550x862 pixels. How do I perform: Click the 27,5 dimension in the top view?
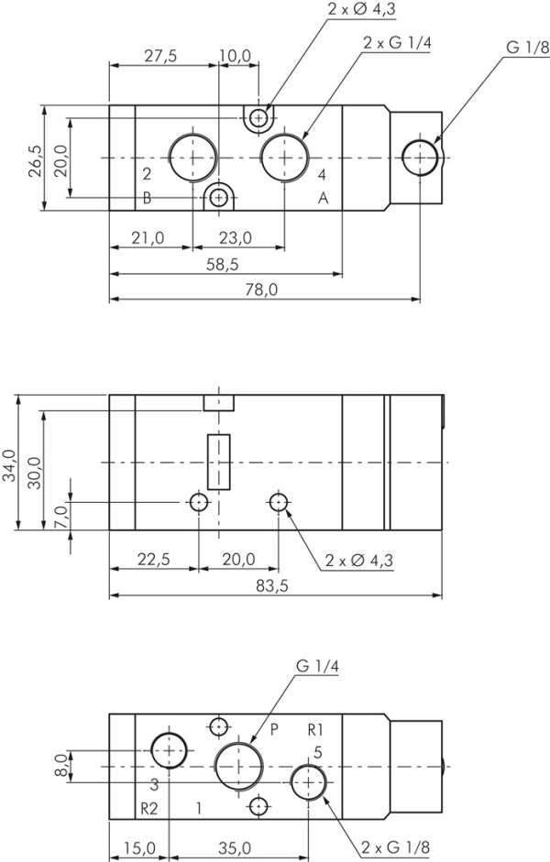click(x=159, y=56)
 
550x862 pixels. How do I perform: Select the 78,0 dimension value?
click(x=260, y=289)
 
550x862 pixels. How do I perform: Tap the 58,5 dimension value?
click(x=223, y=264)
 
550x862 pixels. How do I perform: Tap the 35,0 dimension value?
click(x=233, y=847)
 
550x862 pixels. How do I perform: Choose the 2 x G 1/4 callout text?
click(x=396, y=43)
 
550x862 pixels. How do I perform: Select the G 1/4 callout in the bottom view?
click(x=317, y=667)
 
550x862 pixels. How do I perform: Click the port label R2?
click(x=149, y=808)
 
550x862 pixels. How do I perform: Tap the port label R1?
click(x=316, y=730)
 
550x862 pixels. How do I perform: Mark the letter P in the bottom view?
click(x=273, y=730)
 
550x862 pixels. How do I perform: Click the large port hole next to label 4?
click(x=284, y=158)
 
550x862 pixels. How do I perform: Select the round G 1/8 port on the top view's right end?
click(x=421, y=158)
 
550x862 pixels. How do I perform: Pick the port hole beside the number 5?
click(x=309, y=780)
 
